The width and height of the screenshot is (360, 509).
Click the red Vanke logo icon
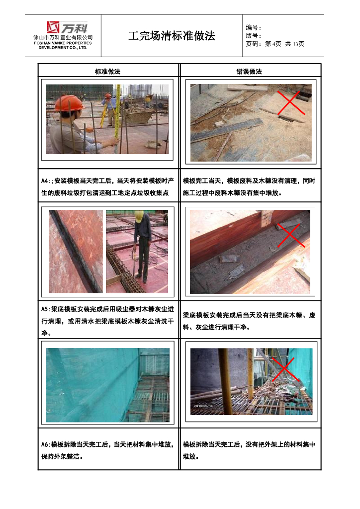tap(53, 27)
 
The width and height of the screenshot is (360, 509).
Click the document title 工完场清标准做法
tap(172, 36)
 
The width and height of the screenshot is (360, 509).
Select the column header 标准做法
tap(107, 72)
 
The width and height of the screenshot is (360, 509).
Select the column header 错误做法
tap(249, 72)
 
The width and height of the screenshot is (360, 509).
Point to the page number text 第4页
tap(273, 44)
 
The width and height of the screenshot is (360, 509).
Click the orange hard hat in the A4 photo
tap(69, 103)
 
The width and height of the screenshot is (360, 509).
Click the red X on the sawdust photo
tap(291, 102)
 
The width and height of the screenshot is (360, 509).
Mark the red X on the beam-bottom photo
tap(291, 235)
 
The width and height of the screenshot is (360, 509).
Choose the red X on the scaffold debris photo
tap(285, 369)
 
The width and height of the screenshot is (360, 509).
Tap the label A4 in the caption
tap(45, 181)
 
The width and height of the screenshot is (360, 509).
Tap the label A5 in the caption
tap(45, 309)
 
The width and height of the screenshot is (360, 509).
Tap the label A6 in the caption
tap(45, 444)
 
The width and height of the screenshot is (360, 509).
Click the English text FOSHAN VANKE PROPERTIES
tap(63, 43)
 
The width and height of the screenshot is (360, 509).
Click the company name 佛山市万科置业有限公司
tap(63, 37)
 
